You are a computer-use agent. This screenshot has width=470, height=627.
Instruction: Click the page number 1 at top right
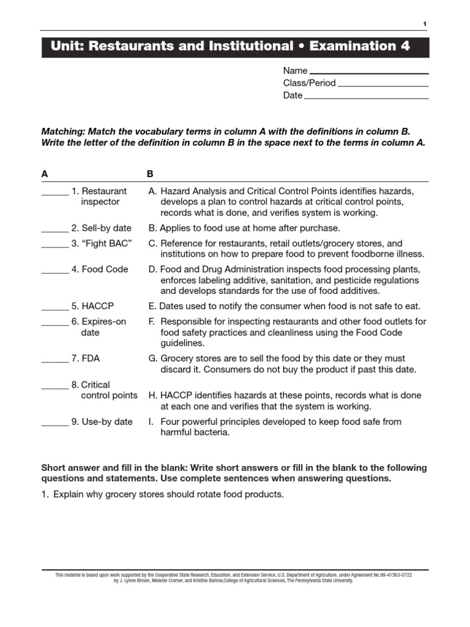(x=425, y=23)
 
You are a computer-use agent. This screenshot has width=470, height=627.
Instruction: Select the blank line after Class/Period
(x=383, y=85)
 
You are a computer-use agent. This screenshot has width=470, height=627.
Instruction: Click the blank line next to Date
(x=366, y=97)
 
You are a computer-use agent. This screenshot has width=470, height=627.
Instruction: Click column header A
(x=45, y=174)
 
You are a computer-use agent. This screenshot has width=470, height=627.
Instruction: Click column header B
(x=151, y=174)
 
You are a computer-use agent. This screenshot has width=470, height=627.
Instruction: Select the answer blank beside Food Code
(x=54, y=271)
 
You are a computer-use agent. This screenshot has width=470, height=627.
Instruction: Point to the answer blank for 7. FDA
(x=54, y=361)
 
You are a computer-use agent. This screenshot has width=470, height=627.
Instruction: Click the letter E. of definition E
(x=152, y=306)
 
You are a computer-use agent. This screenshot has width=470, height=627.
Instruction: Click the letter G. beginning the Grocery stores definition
(x=153, y=359)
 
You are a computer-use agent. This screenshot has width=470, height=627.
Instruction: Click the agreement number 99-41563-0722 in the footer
(x=394, y=575)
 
